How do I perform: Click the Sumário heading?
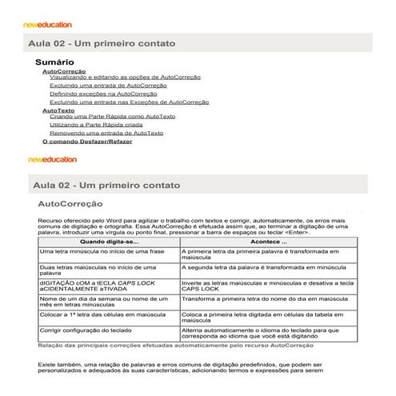(55, 61)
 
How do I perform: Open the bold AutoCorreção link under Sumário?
(63, 70)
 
